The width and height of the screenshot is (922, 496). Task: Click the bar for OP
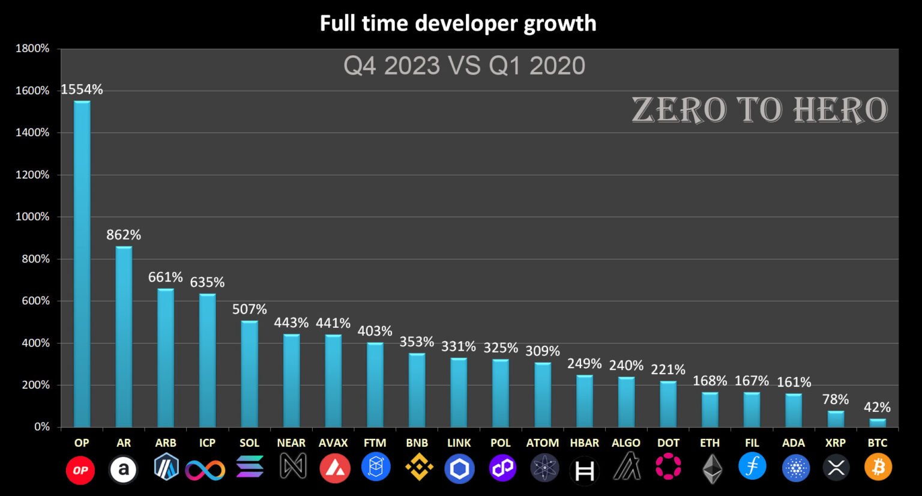(x=82, y=264)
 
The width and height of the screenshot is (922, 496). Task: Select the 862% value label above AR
(x=124, y=235)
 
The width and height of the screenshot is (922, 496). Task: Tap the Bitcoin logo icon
(x=878, y=468)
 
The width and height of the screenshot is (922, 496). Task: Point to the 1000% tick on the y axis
(x=32, y=217)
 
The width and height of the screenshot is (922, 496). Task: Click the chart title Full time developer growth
(x=458, y=23)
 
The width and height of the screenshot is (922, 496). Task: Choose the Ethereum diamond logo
(x=712, y=469)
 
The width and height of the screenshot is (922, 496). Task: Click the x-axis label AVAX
(x=333, y=443)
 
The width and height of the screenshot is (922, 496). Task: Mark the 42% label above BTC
(x=877, y=407)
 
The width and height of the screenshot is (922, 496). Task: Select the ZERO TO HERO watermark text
(x=759, y=110)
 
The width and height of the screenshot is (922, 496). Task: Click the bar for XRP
(x=836, y=419)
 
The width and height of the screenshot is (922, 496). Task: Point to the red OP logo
(x=80, y=470)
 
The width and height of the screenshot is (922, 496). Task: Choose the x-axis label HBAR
(x=584, y=443)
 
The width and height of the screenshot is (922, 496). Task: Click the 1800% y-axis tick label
(x=32, y=49)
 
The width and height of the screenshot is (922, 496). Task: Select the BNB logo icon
(x=418, y=468)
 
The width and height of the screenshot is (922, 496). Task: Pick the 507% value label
(x=250, y=309)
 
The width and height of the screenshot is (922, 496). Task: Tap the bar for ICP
(x=208, y=360)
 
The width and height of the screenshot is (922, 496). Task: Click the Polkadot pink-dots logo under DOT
(x=668, y=467)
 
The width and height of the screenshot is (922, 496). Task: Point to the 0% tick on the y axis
(x=42, y=427)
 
